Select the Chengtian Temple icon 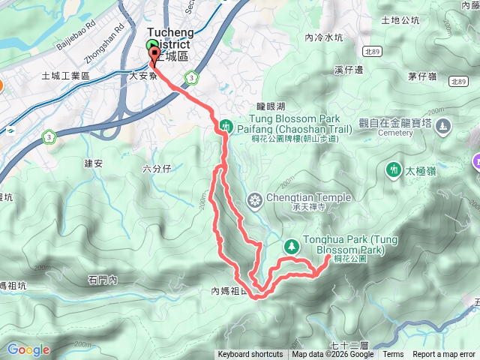(256, 199)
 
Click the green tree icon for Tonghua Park (291, 244)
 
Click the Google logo (28, 349)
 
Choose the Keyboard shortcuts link (249, 355)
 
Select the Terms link (393, 355)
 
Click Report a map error (444, 355)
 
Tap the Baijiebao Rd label (76, 34)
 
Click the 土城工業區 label (65, 76)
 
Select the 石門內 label (103, 280)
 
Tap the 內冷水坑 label (324, 37)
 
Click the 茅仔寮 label (423, 76)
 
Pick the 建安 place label (94, 163)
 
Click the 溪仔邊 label (349, 70)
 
